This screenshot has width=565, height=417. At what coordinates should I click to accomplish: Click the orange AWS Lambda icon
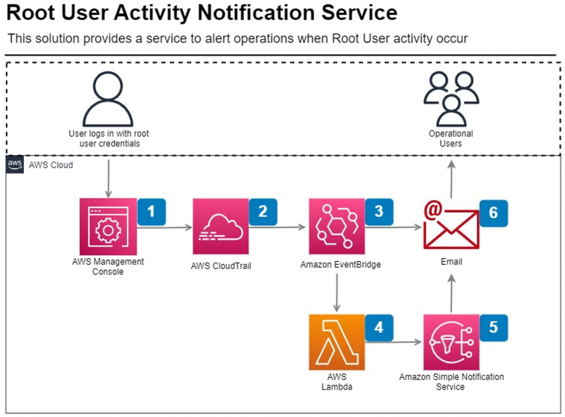point(337,342)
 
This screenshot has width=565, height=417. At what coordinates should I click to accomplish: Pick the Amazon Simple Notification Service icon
point(451,342)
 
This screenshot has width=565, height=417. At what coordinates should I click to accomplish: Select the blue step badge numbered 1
point(151,212)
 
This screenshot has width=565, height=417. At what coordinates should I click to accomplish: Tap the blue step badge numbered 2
point(263,212)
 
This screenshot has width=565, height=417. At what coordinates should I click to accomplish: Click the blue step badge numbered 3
point(379,212)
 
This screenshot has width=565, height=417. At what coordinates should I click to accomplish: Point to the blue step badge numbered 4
point(379,327)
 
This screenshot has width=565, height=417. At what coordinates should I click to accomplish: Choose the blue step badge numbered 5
point(493,327)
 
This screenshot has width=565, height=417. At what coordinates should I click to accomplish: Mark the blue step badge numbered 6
point(493,213)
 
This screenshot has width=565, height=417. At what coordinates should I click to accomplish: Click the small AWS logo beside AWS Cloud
point(15,165)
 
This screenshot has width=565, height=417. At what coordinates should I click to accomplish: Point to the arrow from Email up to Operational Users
point(451,179)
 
